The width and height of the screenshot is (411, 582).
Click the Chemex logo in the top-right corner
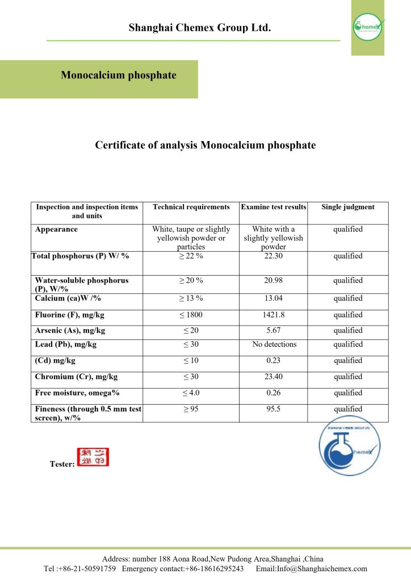[x=367, y=26]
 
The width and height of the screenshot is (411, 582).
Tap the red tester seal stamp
[x=93, y=457]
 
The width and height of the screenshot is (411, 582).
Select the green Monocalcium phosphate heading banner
[x=119, y=76]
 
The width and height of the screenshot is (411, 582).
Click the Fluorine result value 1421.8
[x=274, y=315]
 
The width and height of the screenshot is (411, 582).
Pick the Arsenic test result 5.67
[x=274, y=330]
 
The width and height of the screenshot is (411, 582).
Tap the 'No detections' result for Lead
[x=274, y=344]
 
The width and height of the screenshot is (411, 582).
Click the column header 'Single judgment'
[x=348, y=207]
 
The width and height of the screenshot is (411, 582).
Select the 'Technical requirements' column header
[x=191, y=207]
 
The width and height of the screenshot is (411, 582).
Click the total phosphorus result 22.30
[x=274, y=256]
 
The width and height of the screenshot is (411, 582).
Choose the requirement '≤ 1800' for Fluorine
[x=191, y=315]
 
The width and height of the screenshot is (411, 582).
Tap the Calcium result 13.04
[x=274, y=298]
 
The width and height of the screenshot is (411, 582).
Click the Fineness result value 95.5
[x=274, y=409]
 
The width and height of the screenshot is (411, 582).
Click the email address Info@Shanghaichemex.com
[x=311, y=568]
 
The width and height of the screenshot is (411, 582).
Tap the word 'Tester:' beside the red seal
[x=62, y=464]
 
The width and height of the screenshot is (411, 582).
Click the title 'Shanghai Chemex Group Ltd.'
[x=200, y=27]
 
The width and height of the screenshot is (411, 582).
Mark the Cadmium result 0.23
[x=274, y=360]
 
